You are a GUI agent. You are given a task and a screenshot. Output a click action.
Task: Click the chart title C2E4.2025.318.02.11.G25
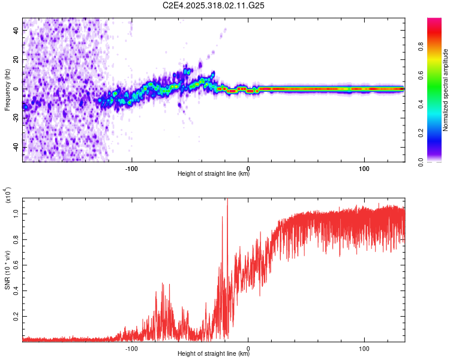(x=214, y=5)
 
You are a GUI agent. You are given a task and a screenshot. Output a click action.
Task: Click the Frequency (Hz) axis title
(x=7, y=89)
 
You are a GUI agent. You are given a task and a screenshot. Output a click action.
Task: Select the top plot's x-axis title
(x=214, y=174)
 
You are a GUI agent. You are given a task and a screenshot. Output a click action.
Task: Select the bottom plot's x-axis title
(x=214, y=354)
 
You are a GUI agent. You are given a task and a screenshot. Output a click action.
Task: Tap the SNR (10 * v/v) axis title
(x=7, y=269)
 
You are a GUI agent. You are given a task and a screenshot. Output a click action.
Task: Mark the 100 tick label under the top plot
(x=364, y=167)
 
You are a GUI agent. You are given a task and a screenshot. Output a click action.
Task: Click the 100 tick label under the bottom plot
(x=364, y=347)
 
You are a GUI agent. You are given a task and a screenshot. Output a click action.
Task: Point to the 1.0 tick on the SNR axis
(x=16, y=213)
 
